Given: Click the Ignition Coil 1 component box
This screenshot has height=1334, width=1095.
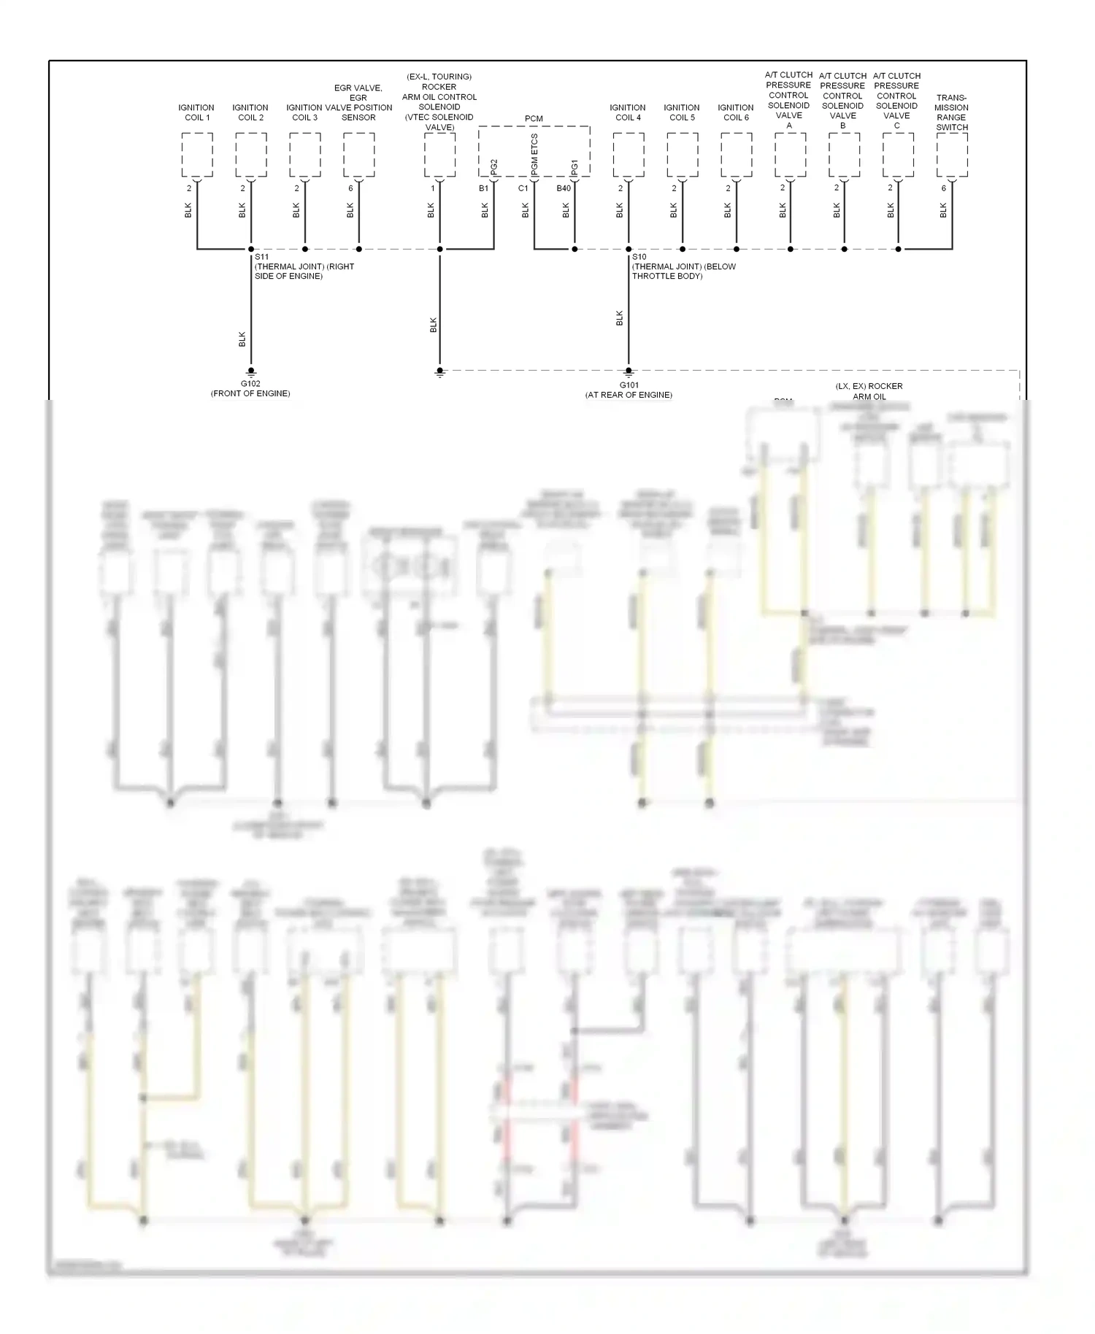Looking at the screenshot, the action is [x=197, y=155].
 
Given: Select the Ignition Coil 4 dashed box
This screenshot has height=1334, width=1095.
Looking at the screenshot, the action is [x=629, y=155].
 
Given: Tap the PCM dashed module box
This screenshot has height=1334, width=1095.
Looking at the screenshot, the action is [x=534, y=152].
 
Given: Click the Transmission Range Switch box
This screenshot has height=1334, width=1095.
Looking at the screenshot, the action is [x=952, y=155].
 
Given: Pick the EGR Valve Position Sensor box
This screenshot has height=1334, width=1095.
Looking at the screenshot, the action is [x=359, y=155].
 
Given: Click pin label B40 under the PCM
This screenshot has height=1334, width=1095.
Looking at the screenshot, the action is [x=564, y=188].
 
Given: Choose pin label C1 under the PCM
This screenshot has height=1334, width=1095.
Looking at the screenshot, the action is [x=523, y=188].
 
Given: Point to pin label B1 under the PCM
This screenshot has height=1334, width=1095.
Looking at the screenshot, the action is [x=483, y=188].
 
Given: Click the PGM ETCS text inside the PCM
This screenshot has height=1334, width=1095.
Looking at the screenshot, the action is [x=534, y=155].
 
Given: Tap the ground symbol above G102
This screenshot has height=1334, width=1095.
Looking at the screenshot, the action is [x=251, y=371].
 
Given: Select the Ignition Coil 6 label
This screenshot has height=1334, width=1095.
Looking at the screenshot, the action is [x=736, y=112].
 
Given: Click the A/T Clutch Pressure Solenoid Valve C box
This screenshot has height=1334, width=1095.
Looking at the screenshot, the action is [x=898, y=155].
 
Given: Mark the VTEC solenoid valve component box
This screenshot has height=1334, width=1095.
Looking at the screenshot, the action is [x=439, y=155].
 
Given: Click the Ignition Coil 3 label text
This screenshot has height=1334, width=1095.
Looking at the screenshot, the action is [x=304, y=112].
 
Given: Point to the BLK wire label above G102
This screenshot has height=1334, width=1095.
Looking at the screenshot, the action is [x=242, y=339].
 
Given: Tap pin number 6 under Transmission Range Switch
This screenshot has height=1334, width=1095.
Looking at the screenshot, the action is [x=943, y=188].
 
